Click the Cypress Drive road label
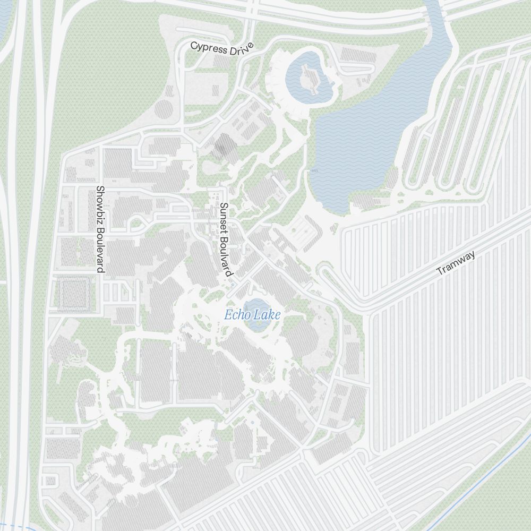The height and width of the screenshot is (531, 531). tap(222, 48)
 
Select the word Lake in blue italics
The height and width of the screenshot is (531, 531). tap(267, 315)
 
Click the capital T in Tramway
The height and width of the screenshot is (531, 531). tap(440, 271)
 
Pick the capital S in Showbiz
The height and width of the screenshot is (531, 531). tap(99, 190)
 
